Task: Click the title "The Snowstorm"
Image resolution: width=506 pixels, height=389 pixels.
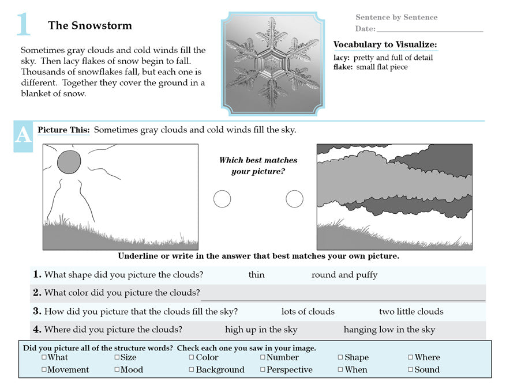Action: [89, 25]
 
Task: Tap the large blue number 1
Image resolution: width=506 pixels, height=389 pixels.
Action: [23, 25]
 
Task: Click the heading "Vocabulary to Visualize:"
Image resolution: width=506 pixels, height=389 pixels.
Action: [385, 44]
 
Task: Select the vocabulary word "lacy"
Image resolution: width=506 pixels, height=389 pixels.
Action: [342, 58]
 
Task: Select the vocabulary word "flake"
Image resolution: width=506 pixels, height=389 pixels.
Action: [343, 67]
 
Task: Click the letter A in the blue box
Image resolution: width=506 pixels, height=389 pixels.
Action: [23, 135]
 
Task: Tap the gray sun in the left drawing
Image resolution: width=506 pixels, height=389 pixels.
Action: [69, 162]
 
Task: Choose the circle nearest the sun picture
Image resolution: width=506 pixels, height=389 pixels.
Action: [222, 199]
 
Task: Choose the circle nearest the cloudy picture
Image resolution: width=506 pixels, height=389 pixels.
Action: [294, 199]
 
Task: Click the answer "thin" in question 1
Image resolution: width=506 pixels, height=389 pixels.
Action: [256, 275]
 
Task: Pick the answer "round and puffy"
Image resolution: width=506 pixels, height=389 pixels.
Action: [344, 275]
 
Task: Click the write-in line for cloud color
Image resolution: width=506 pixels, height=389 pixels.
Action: [343, 299]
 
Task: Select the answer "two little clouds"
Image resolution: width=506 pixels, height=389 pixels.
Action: [411, 311]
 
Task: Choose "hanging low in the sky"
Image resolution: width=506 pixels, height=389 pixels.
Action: [389, 330]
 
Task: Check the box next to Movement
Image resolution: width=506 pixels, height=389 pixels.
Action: [44, 369]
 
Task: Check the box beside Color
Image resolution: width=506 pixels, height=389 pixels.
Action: [192, 357]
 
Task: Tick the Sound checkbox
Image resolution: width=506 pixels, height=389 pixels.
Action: [410, 369]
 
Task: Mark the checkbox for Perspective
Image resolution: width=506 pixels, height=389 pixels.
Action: [263, 369]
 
